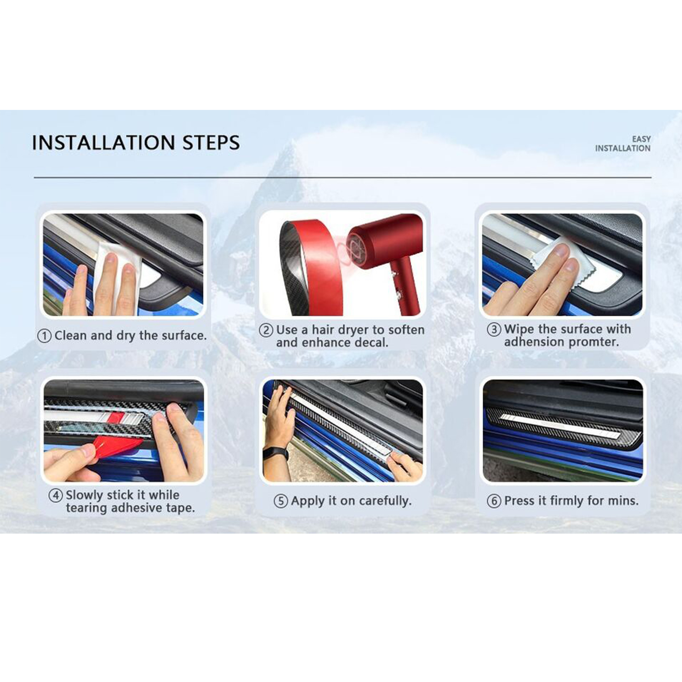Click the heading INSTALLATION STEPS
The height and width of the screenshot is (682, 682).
click(x=136, y=143)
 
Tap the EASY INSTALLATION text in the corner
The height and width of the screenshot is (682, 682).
click(x=623, y=144)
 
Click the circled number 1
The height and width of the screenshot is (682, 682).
click(x=44, y=336)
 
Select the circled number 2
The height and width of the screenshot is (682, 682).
click(x=266, y=330)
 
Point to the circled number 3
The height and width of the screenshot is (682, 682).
click(x=494, y=329)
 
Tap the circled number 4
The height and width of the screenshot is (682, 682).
click(x=56, y=496)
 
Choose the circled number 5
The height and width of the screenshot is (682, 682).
click(x=281, y=501)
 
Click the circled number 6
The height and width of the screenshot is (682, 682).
click(x=494, y=501)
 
